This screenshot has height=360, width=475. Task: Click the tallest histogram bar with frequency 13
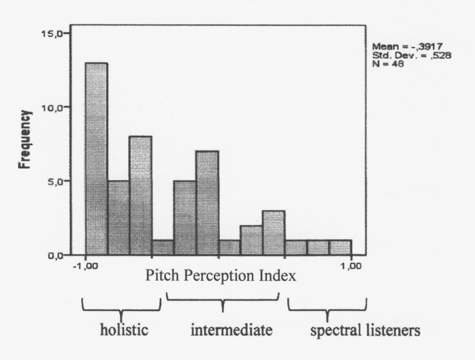(97, 159)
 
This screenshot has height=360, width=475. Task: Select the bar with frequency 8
(140, 195)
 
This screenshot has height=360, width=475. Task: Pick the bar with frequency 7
(207, 203)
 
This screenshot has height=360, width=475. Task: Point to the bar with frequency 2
(251, 240)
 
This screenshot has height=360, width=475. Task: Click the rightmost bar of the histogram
(340, 248)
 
